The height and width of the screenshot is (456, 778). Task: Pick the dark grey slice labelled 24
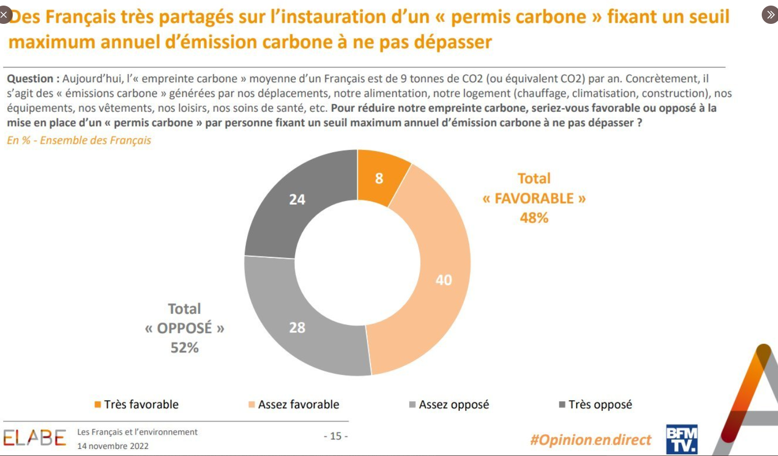pyautogui.click(x=297, y=199)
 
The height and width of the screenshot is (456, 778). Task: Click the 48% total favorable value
pyautogui.click(x=534, y=218)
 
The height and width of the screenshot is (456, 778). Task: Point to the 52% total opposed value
pyautogui.click(x=184, y=348)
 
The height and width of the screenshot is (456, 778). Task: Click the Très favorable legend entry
pyautogui.click(x=137, y=405)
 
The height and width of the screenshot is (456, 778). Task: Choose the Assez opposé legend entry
pyautogui.click(x=449, y=405)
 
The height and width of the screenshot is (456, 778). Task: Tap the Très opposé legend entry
pyautogui.click(x=596, y=405)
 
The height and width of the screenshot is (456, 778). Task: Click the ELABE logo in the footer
pyautogui.click(x=35, y=438)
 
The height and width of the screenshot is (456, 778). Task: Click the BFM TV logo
pyautogui.click(x=681, y=439)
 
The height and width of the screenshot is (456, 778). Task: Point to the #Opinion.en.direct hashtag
pyautogui.click(x=590, y=440)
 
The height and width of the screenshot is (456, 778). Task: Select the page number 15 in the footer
pyautogui.click(x=336, y=436)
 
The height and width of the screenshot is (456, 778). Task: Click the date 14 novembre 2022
pyautogui.click(x=113, y=446)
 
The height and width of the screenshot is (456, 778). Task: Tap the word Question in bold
pyautogui.click(x=30, y=79)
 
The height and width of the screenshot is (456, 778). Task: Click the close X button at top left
pyautogui.click(x=4, y=15)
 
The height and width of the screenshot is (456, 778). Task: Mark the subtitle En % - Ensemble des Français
pyautogui.click(x=79, y=140)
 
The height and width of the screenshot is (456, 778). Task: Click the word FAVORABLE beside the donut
pyautogui.click(x=534, y=198)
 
